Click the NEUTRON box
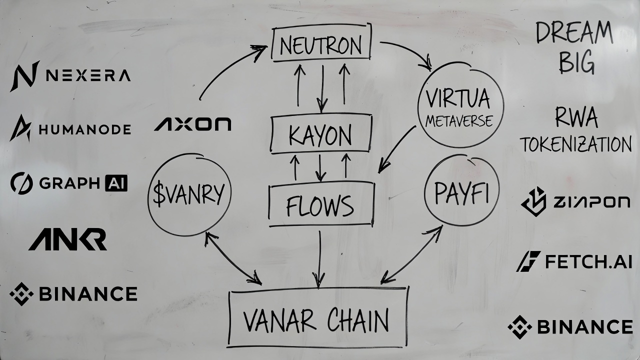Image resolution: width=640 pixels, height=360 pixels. coord(321,45)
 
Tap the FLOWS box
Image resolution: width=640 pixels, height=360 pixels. coord(321,204)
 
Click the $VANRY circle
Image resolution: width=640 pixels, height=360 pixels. coord(189,194)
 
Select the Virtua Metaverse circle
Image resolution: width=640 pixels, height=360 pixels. coord(460,105)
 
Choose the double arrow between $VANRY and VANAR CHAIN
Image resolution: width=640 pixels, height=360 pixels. coord(232,259)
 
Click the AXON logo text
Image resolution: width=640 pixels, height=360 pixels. coord(192,124)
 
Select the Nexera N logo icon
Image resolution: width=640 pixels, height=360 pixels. coord(24,76)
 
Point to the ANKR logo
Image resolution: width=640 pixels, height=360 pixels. coord(67,239)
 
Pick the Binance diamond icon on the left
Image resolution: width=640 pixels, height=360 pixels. coord(21,293)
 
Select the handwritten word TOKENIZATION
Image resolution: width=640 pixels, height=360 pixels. coord(575,145)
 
